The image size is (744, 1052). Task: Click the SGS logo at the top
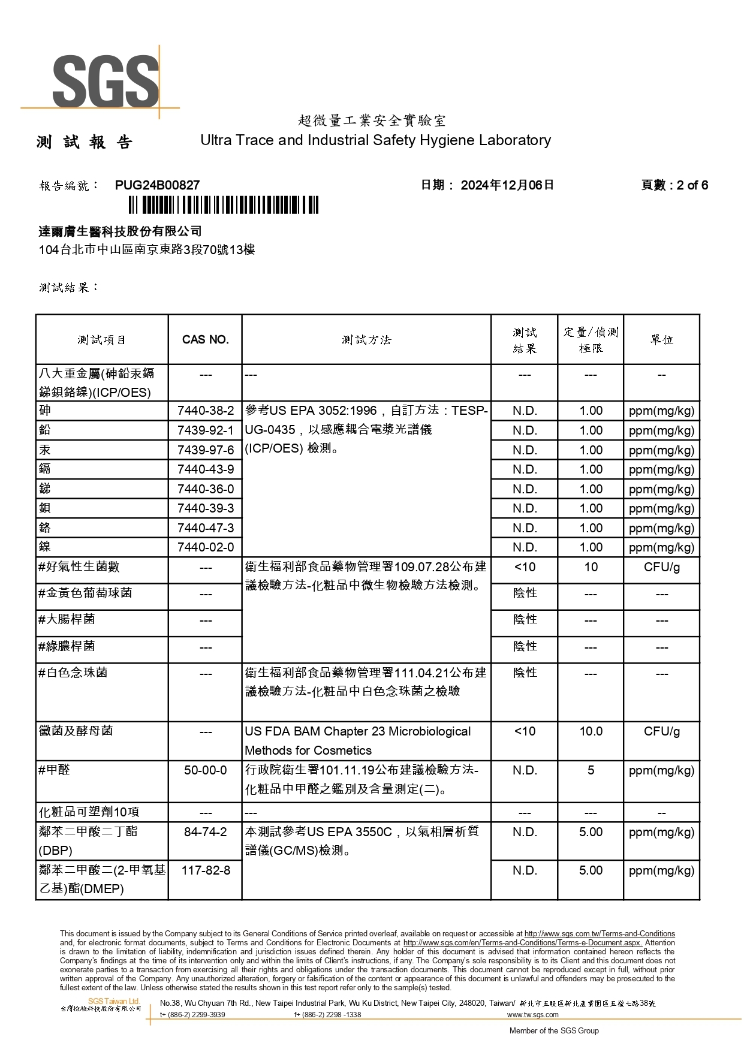coord(106,81)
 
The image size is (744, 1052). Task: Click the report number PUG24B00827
coord(157,185)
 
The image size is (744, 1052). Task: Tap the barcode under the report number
coord(223,206)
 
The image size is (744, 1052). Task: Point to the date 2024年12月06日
coord(507,185)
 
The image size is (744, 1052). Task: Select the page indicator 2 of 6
coord(692,185)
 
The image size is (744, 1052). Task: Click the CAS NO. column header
coord(205,340)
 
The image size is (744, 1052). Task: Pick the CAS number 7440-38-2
coord(206,411)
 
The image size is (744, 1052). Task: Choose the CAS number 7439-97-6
coord(206,450)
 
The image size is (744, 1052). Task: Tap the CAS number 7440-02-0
coord(206,547)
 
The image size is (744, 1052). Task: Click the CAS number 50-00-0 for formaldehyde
coord(206,770)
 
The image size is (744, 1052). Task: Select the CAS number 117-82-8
coord(206,870)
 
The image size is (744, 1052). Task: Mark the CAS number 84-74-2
coord(206,832)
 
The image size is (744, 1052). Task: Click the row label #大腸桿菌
coord(67,619)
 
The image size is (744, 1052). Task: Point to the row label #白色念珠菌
coord(73,673)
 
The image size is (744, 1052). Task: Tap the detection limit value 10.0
coord(591,731)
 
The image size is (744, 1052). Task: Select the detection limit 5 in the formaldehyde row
coord(591,770)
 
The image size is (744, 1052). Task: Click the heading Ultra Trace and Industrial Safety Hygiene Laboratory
coord(375,140)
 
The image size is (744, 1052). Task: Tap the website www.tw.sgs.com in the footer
coord(532,1015)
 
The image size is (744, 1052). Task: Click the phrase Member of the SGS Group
coord(554,1031)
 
